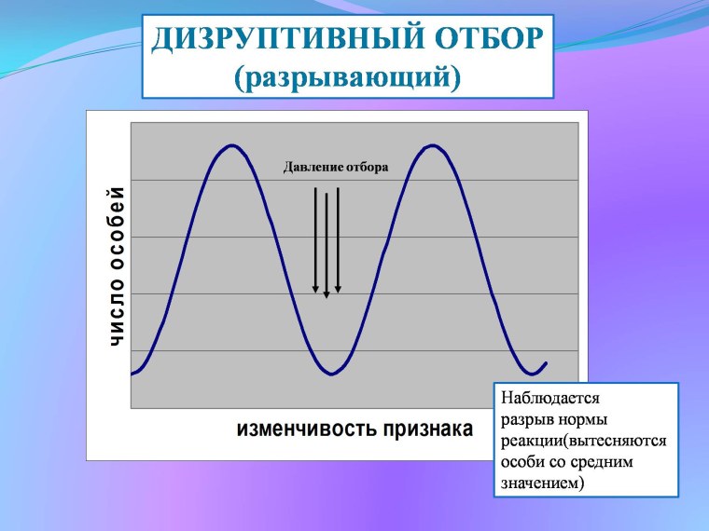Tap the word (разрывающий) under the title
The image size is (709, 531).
[x=347, y=77]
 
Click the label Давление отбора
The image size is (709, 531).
[x=335, y=167]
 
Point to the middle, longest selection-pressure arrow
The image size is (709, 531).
[x=327, y=242]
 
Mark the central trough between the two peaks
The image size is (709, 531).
[x=331, y=374]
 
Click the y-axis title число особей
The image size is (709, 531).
[x=117, y=267]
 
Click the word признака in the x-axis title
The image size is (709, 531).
[x=424, y=429]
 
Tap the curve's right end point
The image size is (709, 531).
[x=546, y=362]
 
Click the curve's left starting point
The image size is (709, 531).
[x=132, y=374]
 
